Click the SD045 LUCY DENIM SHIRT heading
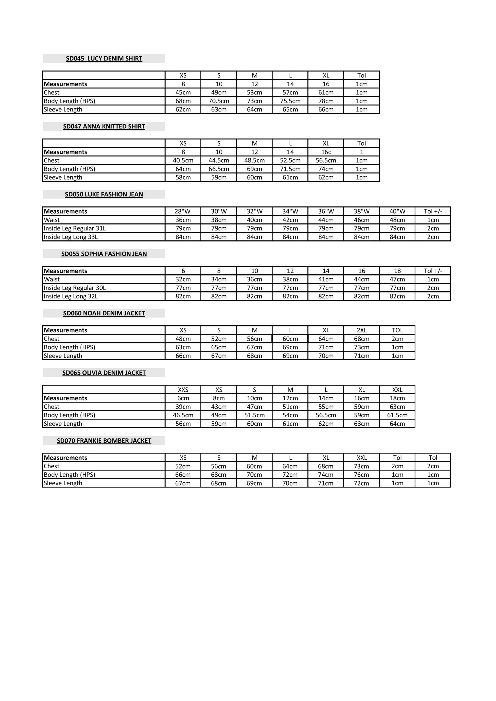(104, 58)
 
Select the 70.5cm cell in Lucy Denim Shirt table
(218, 101)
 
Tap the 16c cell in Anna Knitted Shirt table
(326, 152)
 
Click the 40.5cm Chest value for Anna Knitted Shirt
(183, 160)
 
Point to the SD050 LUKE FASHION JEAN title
(104, 194)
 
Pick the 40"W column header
(397, 211)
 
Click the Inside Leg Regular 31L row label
(75, 228)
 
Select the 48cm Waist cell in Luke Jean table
(397, 220)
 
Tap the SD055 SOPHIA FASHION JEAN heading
(104, 254)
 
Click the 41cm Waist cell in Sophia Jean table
(326, 279)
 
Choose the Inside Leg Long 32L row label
(71, 296)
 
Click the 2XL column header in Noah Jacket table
(361, 330)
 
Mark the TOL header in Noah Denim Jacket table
(397, 330)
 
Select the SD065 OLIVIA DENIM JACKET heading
(104, 373)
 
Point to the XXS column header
(183, 390)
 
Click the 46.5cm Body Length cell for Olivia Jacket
(183, 415)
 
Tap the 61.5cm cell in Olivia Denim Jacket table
(397, 415)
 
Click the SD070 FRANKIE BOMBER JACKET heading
(104, 441)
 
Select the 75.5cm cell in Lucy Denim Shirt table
(290, 101)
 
